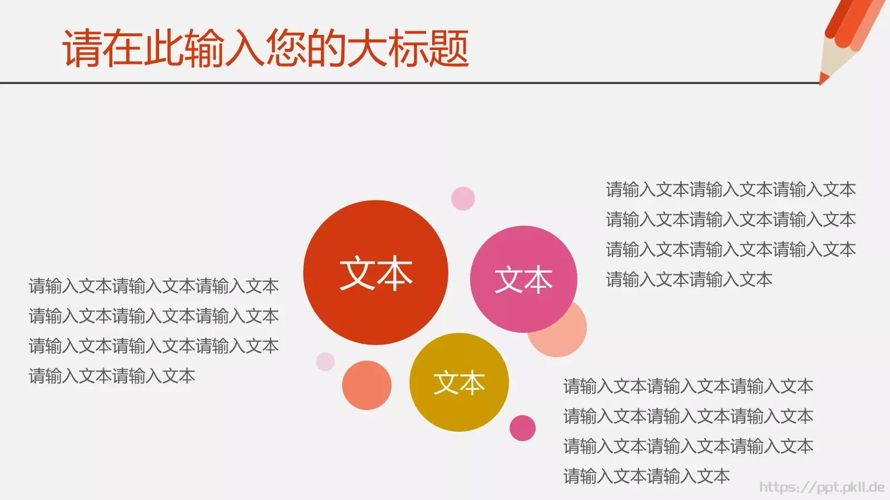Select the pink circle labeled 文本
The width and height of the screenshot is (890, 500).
[523, 250]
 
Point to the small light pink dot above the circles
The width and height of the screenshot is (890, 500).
[463, 198]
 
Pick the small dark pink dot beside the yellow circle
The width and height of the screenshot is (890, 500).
[522, 428]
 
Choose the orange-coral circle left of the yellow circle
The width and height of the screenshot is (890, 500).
[367, 385]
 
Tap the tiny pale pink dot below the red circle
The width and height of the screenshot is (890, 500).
[325, 361]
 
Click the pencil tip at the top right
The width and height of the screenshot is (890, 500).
[823, 79]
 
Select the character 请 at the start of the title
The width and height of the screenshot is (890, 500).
[82, 49]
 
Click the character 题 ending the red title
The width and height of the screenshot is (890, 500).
[448, 49]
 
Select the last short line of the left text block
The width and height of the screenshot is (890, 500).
[112, 376]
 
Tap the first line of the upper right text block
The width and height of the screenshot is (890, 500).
[730, 189]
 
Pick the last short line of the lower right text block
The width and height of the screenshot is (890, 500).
[646, 476]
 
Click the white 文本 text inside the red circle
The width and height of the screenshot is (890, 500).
[375, 273]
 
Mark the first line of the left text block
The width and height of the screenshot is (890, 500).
[154, 286]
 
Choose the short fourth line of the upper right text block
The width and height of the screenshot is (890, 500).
[689, 279]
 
